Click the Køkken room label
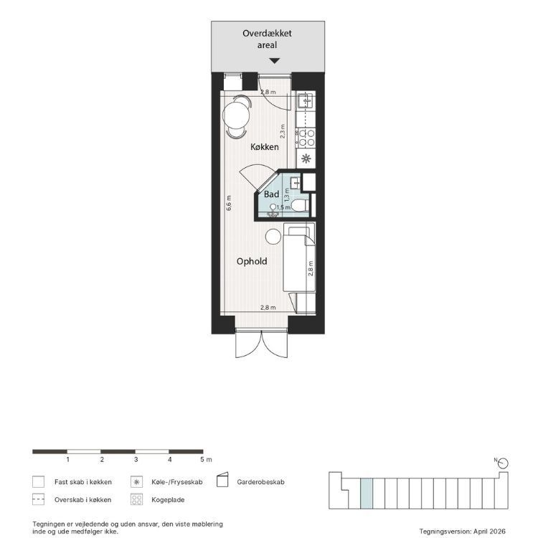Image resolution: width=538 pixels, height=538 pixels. click(264, 147)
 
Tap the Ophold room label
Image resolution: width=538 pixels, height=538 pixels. click(252, 261)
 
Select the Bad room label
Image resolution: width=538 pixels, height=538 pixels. click(271, 194)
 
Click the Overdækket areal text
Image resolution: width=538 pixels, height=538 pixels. click(267, 39)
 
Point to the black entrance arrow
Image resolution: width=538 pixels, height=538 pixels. click(274, 61)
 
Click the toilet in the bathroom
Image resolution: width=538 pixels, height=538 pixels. click(299, 206)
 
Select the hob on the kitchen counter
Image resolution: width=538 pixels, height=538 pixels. click(306, 137)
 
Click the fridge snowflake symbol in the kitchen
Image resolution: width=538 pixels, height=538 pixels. click(306, 159)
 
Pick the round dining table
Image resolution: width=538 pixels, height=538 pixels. click(236, 115)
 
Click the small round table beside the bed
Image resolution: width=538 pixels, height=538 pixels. click(273, 237)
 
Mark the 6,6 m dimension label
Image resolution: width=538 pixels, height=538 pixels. click(229, 203)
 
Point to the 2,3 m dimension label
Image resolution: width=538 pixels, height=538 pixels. click(283, 131)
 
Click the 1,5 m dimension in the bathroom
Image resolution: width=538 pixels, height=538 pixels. click(283, 207)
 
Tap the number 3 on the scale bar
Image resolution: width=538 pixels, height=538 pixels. click(136, 459)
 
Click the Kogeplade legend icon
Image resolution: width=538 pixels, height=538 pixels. click(136, 499)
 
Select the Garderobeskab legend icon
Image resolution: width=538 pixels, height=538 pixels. click(222, 480)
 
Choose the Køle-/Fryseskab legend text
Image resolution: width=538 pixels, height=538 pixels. click(176, 482)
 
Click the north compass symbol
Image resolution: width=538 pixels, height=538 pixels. click(504, 463)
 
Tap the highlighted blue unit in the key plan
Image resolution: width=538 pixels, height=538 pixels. click(366, 494)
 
